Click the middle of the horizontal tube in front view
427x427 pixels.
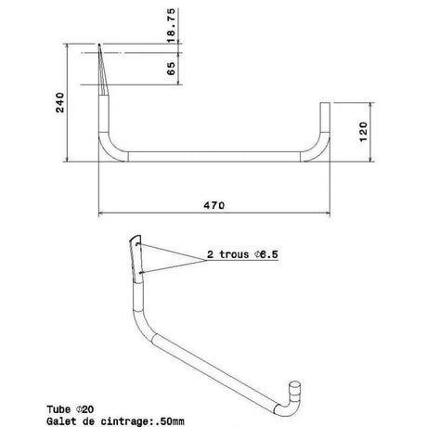(213, 155)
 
